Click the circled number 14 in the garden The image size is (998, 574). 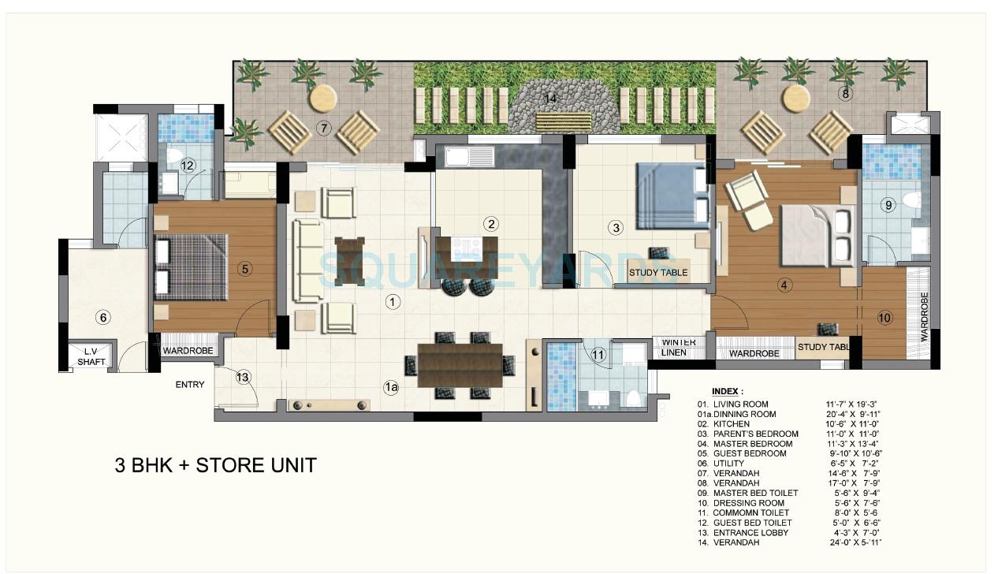click(550, 99)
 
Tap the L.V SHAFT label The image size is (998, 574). click(91, 356)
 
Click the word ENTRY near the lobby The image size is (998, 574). click(190, 385)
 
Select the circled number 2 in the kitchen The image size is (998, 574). click(491, 223)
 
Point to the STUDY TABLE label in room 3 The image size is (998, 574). click(658, 273)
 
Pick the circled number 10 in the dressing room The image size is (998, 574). click(884, 318)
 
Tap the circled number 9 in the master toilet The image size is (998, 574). click(888, 205)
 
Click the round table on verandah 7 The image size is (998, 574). click(323, 98)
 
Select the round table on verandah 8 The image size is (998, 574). click(795, 99)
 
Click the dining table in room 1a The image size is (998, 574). click(460, 365)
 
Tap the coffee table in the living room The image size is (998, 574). click(350, 260)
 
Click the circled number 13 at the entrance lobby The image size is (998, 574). click(243, 377)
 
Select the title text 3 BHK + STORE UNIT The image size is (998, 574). click(215, 465)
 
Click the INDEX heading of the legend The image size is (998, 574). click(727, 391)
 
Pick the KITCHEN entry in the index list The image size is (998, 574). click(732, 424)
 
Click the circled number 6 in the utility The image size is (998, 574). click(102, 318)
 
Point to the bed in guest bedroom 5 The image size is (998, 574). click(191, 266)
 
